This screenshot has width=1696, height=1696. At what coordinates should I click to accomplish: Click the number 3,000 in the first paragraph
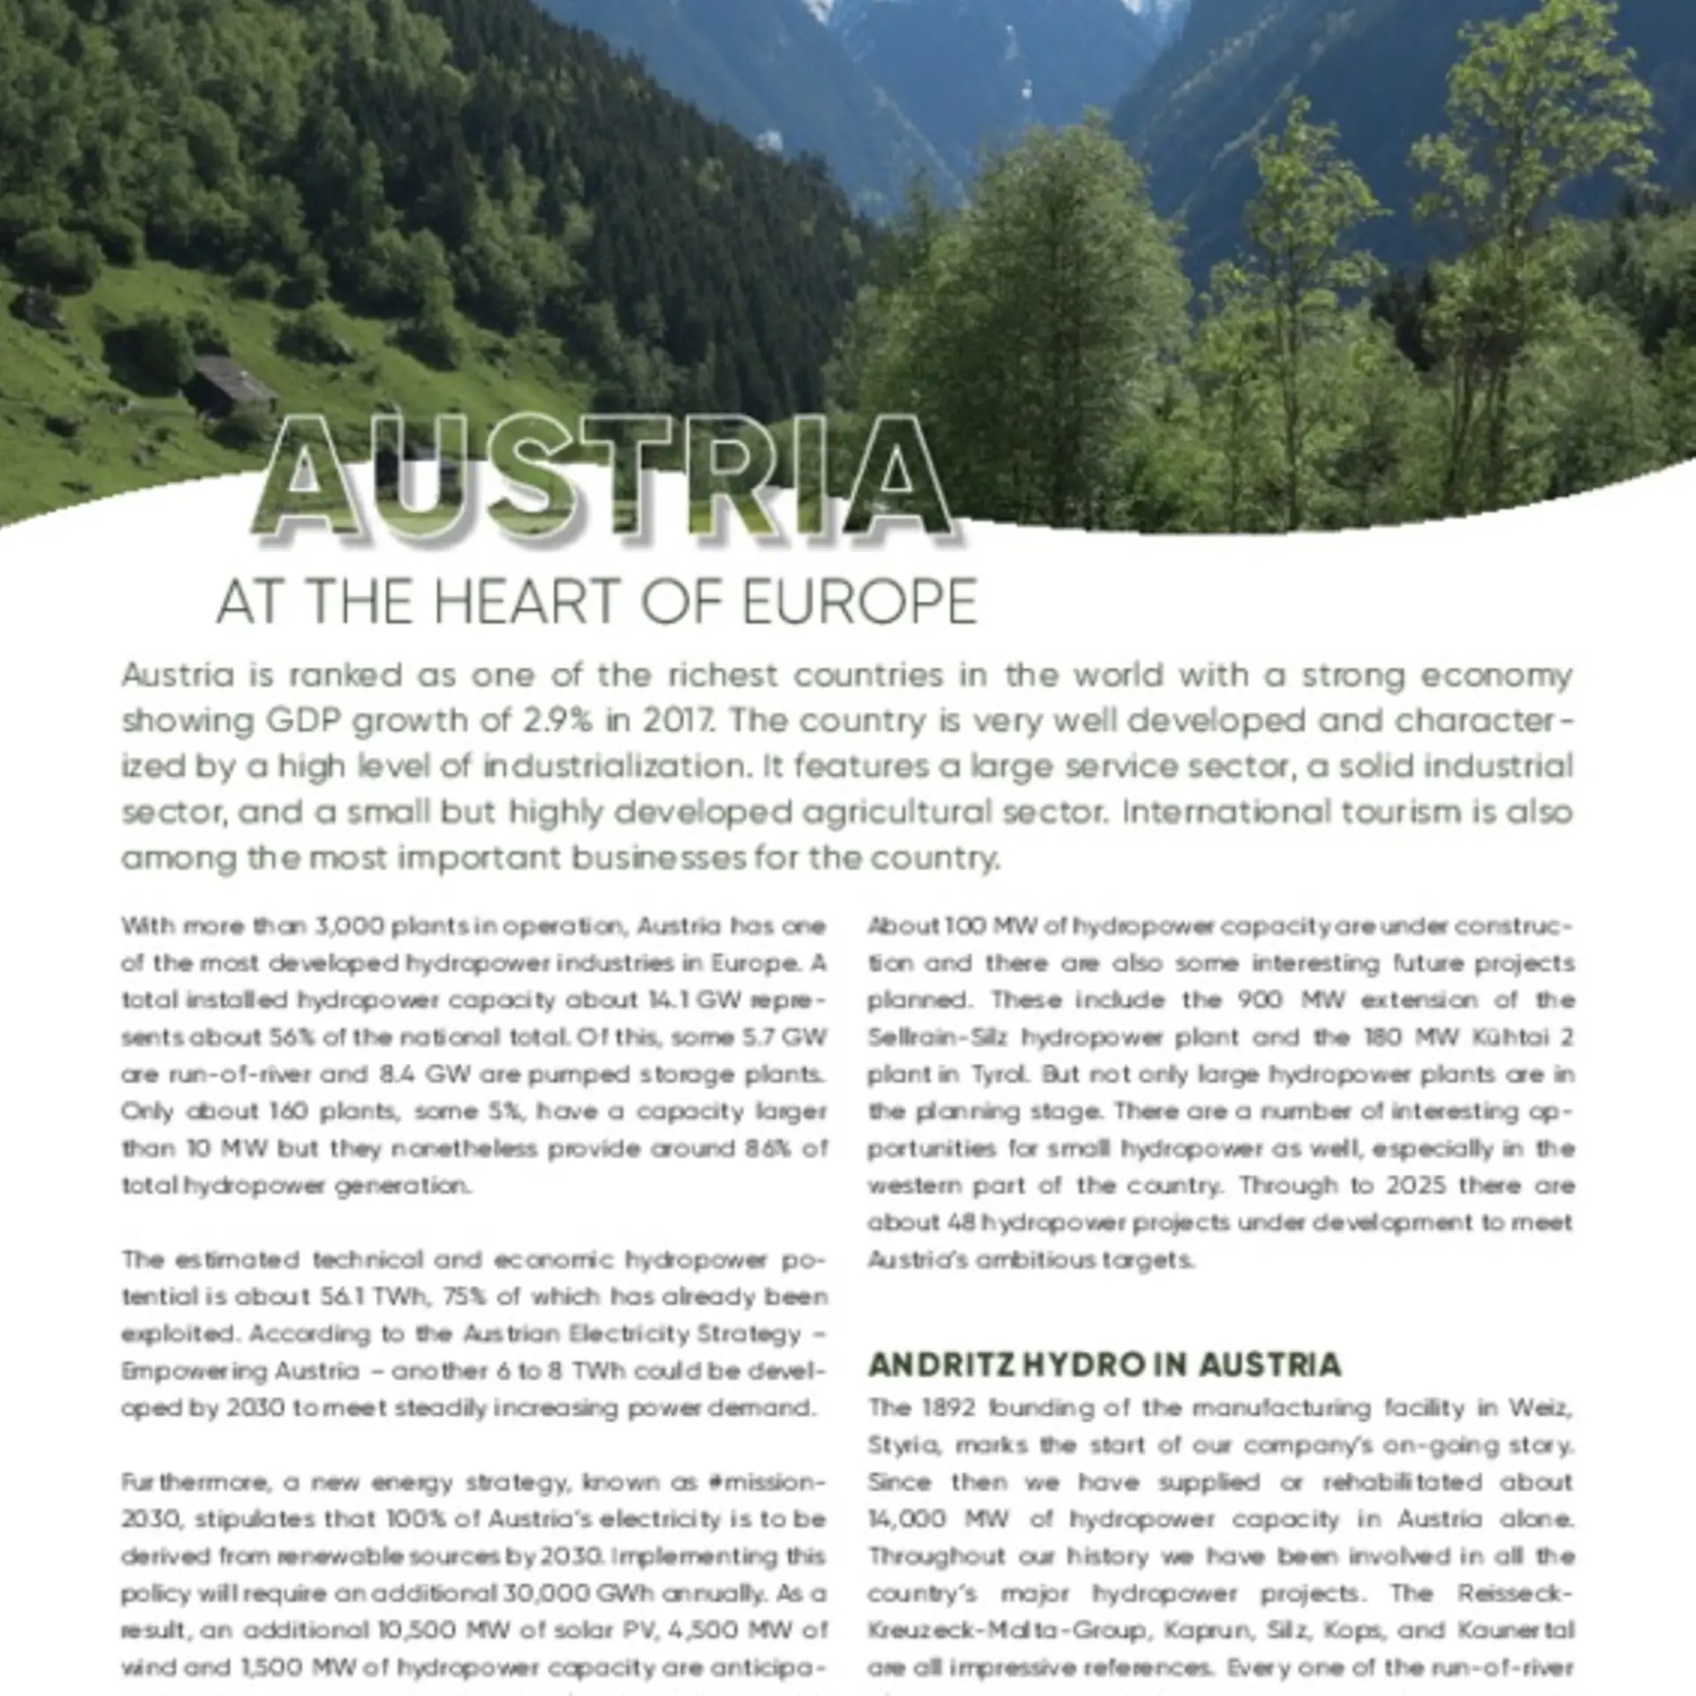click(x=348, y=926)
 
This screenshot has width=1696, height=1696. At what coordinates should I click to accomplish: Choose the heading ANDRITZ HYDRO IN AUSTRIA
click(x=1104, y=1365)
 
